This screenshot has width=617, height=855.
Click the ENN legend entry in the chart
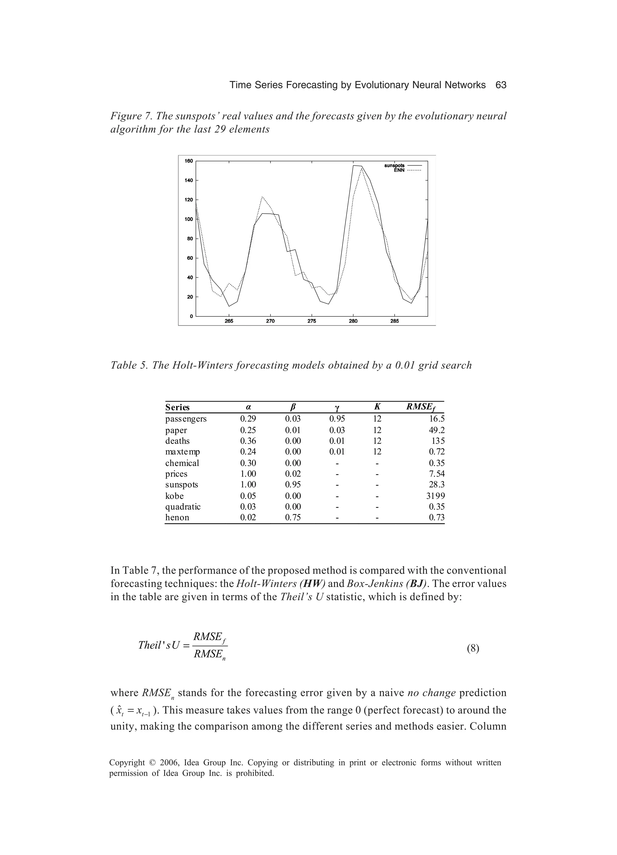pos(399,170)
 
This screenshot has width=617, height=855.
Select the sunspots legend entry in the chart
pos(394,165)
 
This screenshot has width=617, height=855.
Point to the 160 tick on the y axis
pos(189,161)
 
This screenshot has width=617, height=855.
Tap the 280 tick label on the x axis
pos(353,321)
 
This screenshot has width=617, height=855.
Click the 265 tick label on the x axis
pos(229,321)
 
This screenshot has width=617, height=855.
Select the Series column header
pos(177,407)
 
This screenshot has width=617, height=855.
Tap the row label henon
pos(177,517)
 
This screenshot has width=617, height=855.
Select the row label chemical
pos(182,463)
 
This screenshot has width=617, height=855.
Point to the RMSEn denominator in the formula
pos(209,655)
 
